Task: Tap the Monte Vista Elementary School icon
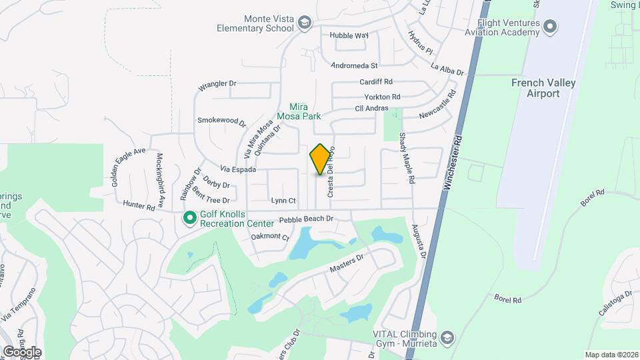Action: tap(305, 24)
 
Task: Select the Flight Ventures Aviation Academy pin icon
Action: tap(550, 27)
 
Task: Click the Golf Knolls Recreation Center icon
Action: tap(189, 219)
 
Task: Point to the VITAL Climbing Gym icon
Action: tap(447, 338)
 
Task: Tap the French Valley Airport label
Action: tap(543, 88)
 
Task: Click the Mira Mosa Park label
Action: tap(305, 111)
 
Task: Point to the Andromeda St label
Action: tap(355, 65)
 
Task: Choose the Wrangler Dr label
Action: tap(217, 86)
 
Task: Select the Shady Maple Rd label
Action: tap(407, 158)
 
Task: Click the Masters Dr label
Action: tap(346, 263)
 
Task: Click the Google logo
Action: tap(21, 352)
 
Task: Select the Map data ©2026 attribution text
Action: tap(610, 355)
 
